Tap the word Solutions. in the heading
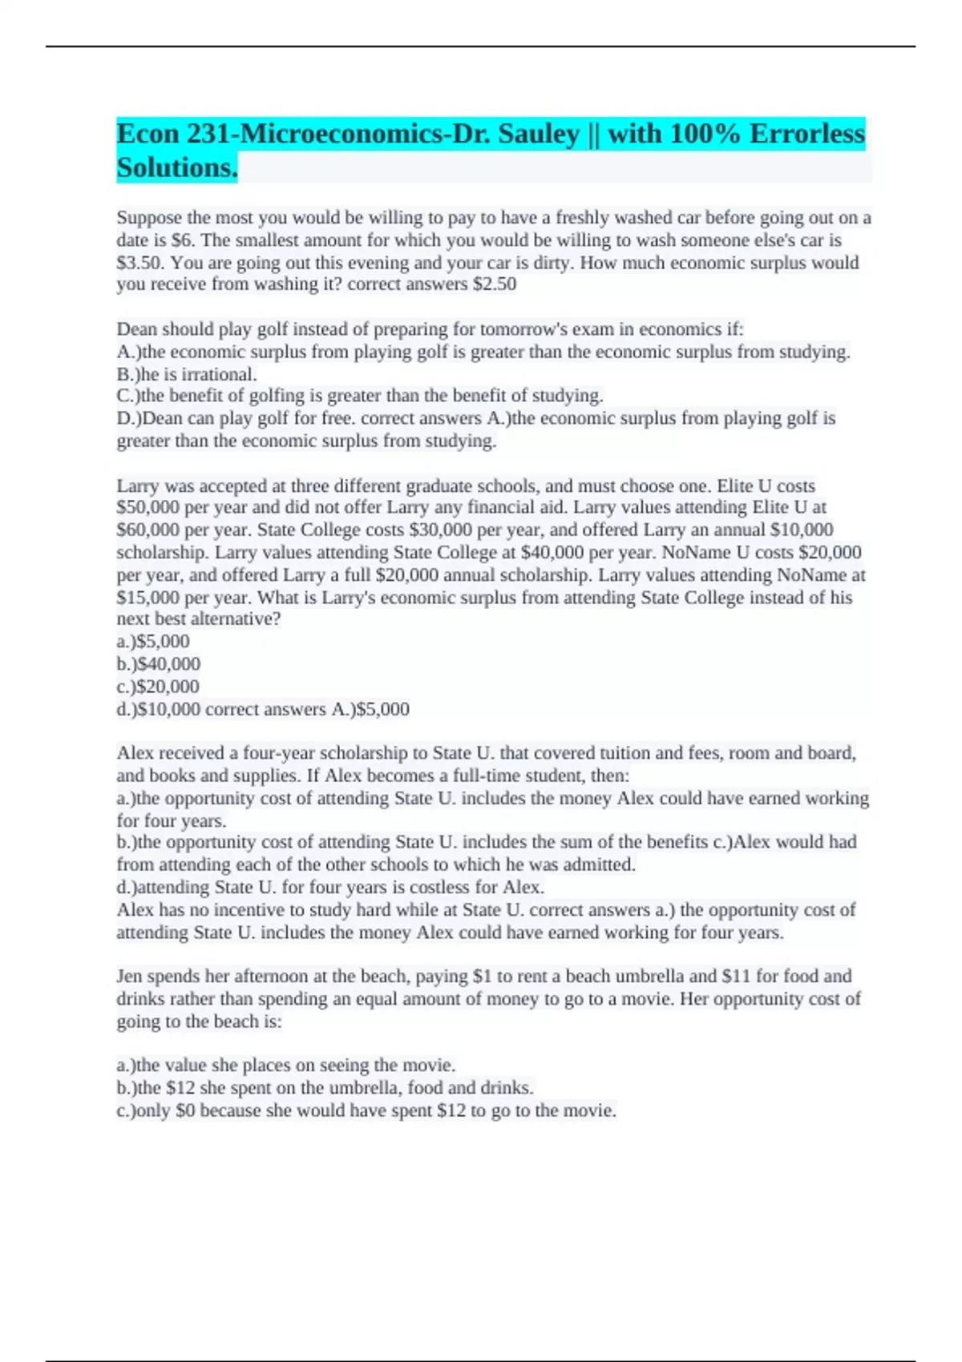(x=177, y=168)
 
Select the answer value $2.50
(x=495, y=284)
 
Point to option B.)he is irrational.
(x=187, y=374)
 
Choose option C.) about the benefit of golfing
(x=360, y=396)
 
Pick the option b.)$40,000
(x=159, y=664)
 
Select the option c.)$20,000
(x=158, y=687)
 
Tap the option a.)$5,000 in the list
(x=153, y=642)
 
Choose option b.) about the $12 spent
(x=325, y=1088)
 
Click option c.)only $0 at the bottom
(x=366, y=1110)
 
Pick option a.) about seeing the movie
(x=286, y=1066)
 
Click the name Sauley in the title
(x=538, y=134)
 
